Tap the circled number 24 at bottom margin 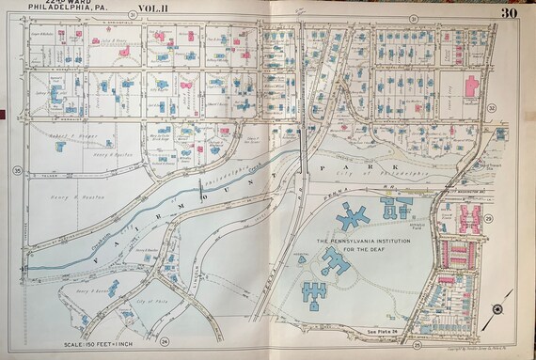166,341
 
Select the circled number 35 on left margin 17,170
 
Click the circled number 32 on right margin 492,108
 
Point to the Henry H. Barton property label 89,292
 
